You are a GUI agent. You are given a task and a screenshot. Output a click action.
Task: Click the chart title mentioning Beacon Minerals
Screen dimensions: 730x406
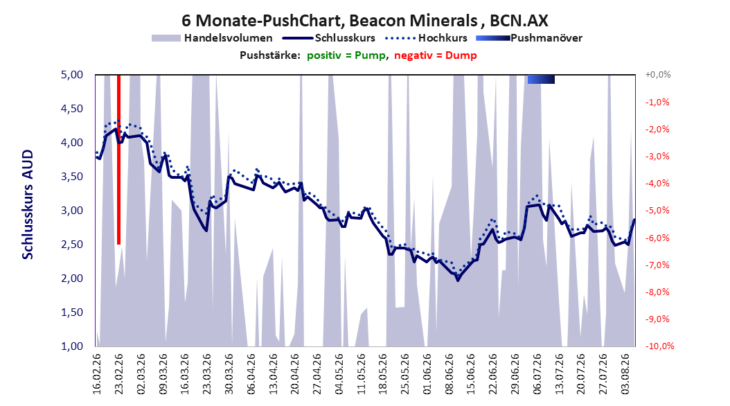364,21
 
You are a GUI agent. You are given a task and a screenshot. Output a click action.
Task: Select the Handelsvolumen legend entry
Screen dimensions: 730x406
212,38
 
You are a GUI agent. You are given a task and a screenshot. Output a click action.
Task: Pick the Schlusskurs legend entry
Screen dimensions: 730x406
329,38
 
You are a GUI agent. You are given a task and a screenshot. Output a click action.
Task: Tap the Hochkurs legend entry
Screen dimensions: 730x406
426,38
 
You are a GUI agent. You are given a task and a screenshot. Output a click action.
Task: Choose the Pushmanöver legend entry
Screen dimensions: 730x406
529,38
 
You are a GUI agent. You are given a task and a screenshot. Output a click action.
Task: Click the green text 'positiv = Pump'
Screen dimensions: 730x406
346,55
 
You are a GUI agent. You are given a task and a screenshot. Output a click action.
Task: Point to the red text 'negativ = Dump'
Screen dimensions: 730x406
436,55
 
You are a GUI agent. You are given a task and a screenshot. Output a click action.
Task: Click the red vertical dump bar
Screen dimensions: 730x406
118,159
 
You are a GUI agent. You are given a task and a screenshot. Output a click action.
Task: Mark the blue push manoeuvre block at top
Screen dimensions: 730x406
541,79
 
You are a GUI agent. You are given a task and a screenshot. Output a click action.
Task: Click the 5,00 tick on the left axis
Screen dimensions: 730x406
72,75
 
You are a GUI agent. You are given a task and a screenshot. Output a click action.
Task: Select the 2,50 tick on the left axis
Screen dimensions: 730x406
72,245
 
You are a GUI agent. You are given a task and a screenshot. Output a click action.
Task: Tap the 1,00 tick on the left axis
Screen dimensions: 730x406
72,346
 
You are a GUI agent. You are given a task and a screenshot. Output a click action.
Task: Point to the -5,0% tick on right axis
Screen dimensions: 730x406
657,211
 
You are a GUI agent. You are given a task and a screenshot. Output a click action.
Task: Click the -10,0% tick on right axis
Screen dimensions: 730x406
659,346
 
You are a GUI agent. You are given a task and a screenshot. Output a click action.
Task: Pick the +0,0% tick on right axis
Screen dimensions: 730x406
658,75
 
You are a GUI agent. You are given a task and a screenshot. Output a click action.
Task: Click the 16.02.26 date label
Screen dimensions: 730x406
96,374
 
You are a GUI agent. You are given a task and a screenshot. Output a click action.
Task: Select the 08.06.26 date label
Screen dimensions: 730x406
449,374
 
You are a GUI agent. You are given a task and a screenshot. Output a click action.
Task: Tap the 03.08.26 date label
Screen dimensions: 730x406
625,374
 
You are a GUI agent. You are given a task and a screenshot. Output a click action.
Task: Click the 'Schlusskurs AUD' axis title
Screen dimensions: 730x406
28,204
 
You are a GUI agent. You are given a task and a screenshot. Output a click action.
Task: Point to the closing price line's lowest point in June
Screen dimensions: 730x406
458,280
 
